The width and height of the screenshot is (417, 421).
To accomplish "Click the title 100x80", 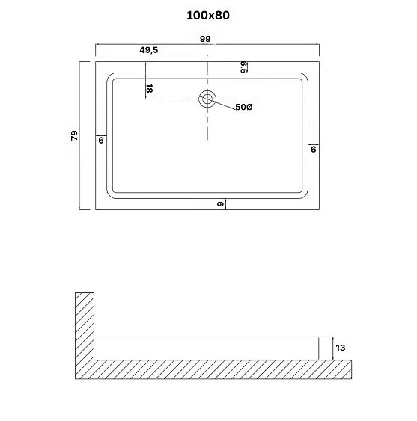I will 207,14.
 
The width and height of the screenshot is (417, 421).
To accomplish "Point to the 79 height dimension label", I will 73,135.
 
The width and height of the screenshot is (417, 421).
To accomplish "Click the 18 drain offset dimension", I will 150,88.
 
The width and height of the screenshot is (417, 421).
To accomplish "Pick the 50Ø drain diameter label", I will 244,108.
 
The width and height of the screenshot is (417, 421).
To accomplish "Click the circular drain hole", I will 207,98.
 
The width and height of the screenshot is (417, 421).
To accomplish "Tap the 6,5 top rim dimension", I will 244,67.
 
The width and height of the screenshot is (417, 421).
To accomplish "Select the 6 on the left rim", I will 100,140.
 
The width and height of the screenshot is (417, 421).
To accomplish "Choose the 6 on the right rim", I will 313,149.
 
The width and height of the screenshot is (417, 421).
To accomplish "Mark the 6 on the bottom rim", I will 221,204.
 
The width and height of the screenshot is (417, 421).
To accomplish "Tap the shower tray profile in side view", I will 210,348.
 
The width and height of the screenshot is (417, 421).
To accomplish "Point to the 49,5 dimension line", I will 120,55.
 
